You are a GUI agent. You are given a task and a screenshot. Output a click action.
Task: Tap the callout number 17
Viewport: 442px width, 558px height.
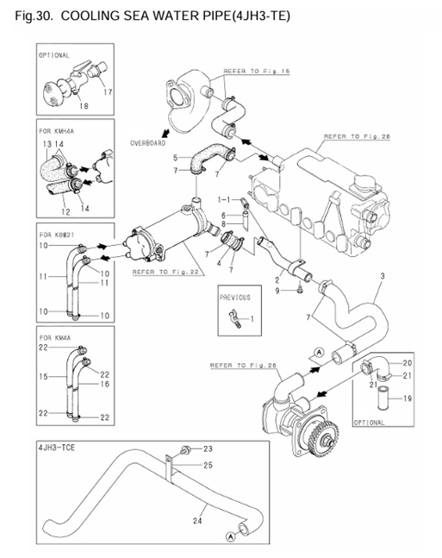(109, 91)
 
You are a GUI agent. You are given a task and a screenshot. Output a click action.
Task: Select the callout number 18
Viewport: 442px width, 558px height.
(84, 106)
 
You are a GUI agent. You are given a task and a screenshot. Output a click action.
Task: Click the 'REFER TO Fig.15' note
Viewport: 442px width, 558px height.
(253, 72)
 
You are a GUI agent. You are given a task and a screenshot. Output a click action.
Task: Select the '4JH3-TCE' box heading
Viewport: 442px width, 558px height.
(59, 448)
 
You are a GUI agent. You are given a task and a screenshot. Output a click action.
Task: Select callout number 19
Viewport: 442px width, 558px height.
(408, 399)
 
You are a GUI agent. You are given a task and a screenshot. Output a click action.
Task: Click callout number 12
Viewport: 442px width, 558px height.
(64, 211)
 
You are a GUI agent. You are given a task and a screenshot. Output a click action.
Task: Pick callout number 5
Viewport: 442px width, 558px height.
(175, 158)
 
